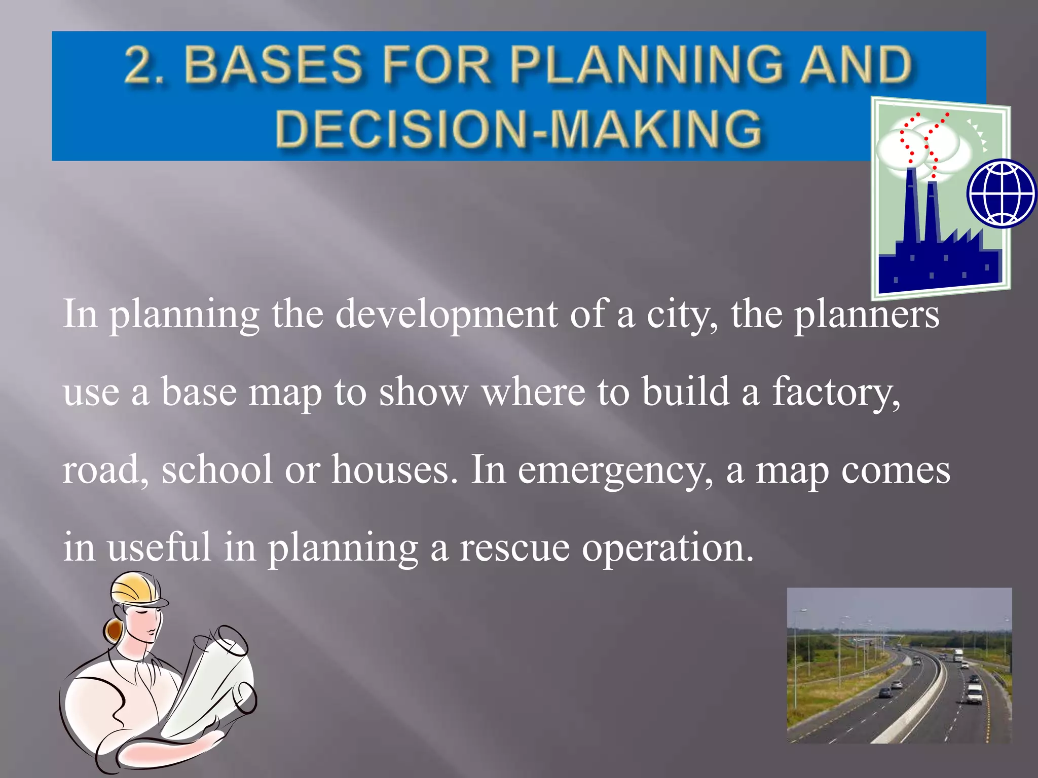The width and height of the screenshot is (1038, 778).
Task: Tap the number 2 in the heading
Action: (x=139, y=65)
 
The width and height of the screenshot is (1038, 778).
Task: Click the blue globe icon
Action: (x=1002, y=193)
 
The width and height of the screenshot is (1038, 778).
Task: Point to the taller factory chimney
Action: (x=911, y=203)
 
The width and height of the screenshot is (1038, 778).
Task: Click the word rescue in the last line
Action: (x=514, y=548)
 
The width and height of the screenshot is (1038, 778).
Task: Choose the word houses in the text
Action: (x=390, y=470)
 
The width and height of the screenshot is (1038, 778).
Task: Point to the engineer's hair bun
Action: (x=114, y=631)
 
